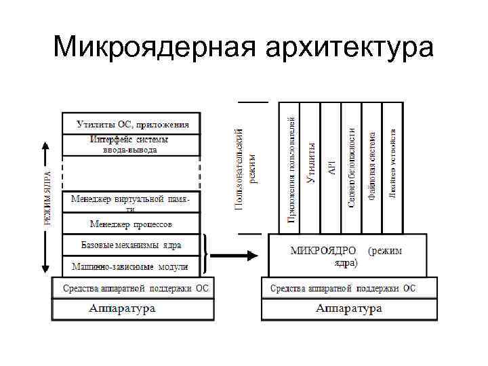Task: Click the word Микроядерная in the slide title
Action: (154, 47)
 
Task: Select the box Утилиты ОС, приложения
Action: (132, 124)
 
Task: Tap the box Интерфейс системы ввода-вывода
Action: (132, 144)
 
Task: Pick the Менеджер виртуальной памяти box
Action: (132, 202)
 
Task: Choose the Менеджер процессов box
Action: (132, 223)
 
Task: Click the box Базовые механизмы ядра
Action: (132, 244)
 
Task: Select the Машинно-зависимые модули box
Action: (132, 266)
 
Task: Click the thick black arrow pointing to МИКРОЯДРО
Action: (234, 256)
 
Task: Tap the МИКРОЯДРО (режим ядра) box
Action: (347, 255)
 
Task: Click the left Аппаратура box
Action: (132, 309)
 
